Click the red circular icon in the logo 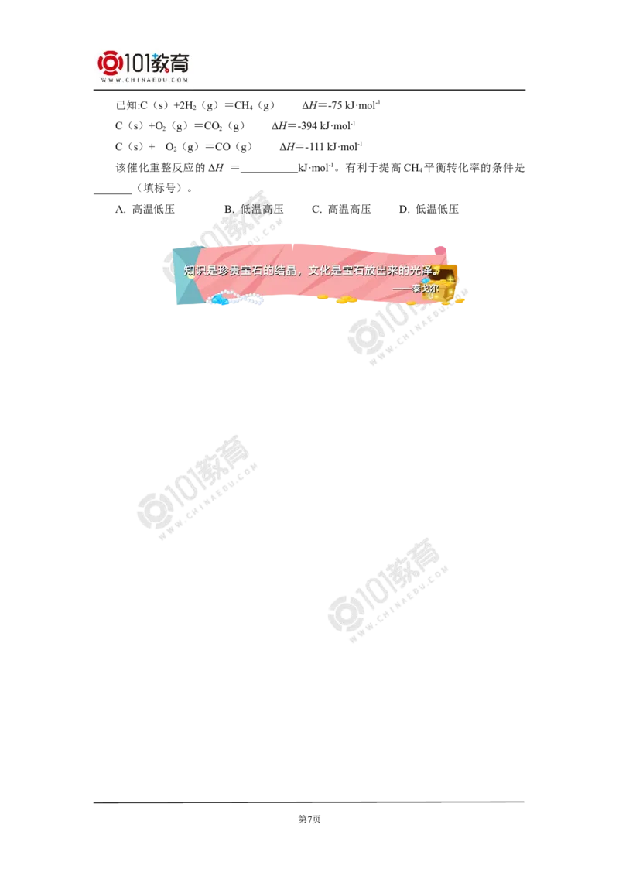point(110,63)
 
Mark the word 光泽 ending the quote point(421,271)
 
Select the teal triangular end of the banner point(185,277)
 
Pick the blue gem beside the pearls point(222,300)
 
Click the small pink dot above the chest point(439,250)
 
